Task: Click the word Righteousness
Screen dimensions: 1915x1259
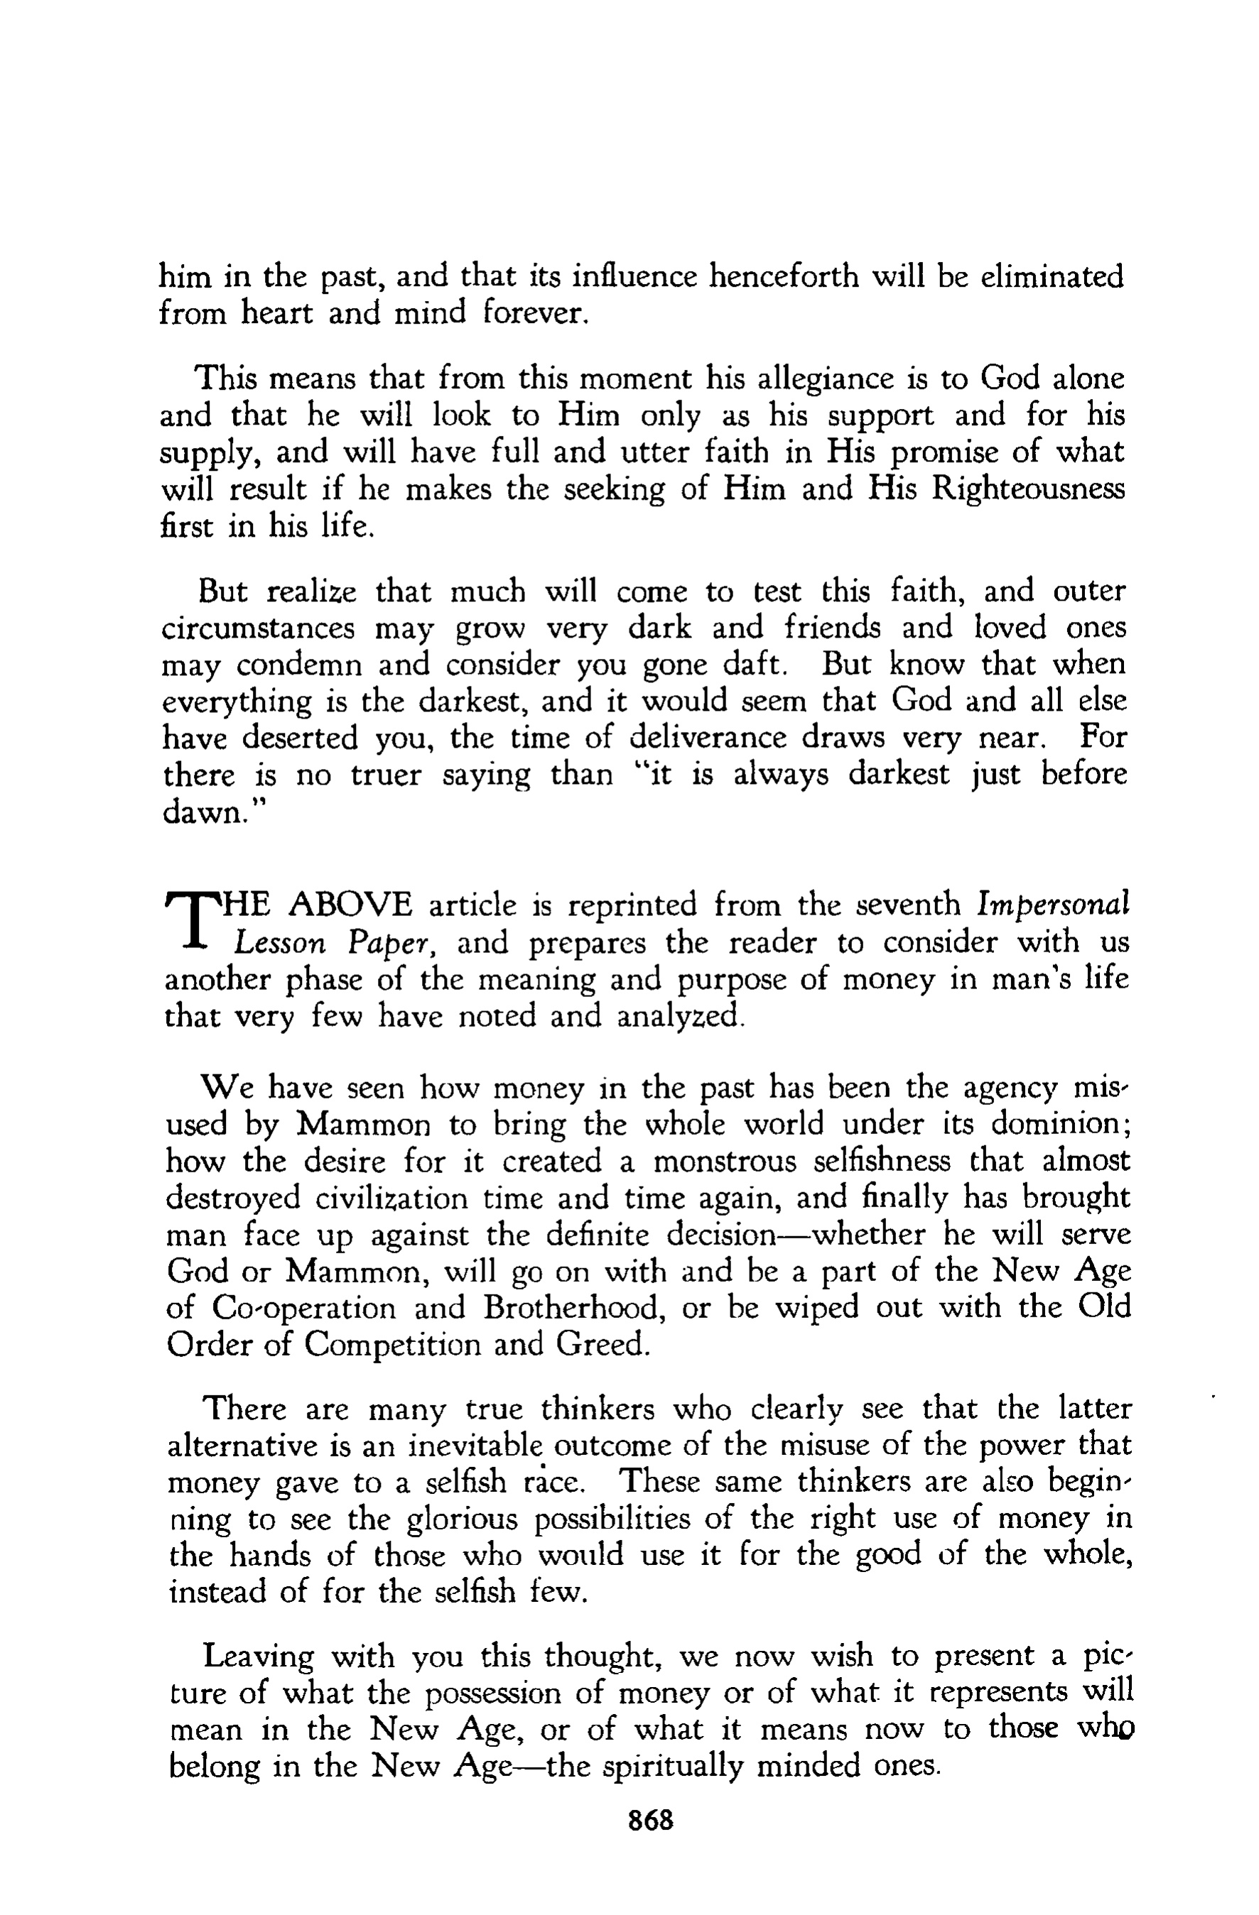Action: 1028,489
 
